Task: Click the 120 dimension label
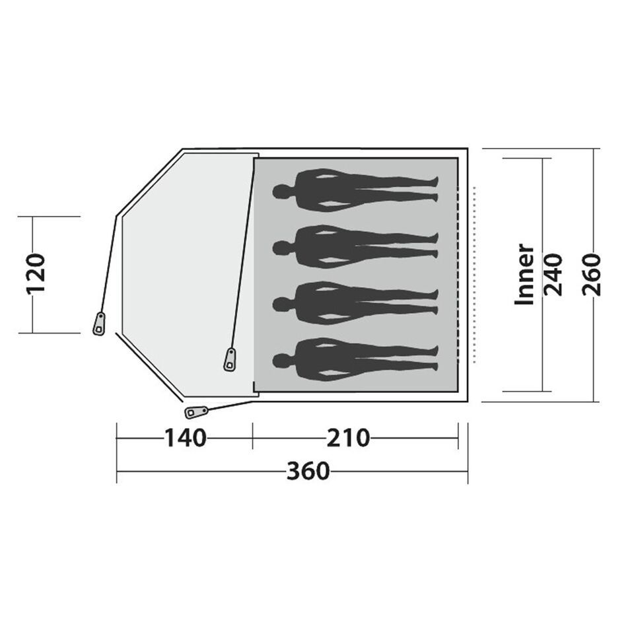pyautogui.click(x=36, y=273)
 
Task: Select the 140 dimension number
pyautogui.click(x=185, y=438)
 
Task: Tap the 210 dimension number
pyautogui.click(x=348, y=438)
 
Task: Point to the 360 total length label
pyautogui.click(x=308, y=471)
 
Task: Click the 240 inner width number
pyautogui.click(x=553, y=275)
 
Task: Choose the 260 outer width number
pyautogui.click(x=592, y=275)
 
